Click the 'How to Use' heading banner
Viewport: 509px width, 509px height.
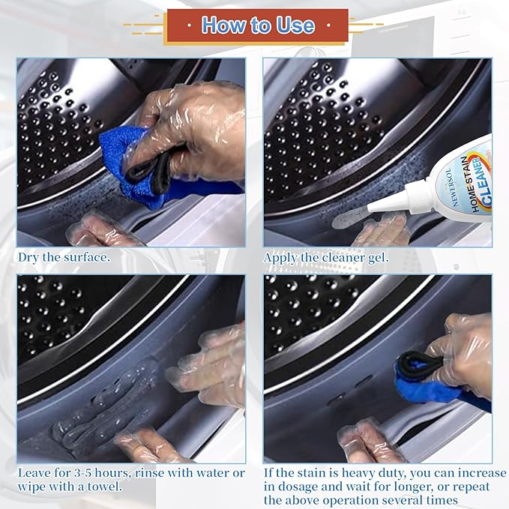(257, 26)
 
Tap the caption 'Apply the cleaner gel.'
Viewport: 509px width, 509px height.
(326, 257)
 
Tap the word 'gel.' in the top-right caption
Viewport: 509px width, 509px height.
(377, 257)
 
